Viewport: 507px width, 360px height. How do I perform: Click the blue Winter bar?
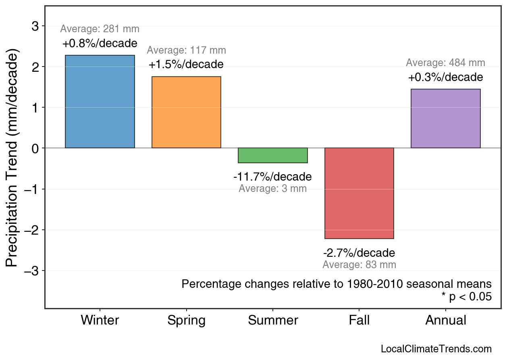pos(100,102)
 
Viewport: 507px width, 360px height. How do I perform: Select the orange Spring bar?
pos(186,112)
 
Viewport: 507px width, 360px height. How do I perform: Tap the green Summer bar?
pos(273,155)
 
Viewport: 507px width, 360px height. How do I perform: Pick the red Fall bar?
pos(359,193)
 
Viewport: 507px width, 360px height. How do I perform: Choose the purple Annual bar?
pos(445,119)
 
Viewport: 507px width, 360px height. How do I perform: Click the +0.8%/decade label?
pos(100,43)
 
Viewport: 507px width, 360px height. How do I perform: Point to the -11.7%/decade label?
pos(272,177)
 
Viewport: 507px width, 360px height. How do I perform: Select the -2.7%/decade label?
pos(359,253)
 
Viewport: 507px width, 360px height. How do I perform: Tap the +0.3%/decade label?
pos(445,77)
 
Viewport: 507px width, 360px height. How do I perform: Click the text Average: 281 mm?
pos(100,29)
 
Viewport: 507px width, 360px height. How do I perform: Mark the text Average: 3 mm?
pos(272,188)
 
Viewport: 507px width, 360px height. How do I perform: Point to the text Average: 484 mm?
pos(445,63)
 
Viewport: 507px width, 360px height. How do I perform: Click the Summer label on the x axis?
pos(273,320)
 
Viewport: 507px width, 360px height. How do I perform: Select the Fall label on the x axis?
pos(359,320)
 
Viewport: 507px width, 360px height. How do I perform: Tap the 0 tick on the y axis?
pos(35,148)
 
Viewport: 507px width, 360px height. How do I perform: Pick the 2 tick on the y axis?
pos(35,67)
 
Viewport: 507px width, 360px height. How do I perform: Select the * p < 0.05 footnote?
pos(466,297)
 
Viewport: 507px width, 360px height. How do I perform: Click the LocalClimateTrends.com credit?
pos(436,349)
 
